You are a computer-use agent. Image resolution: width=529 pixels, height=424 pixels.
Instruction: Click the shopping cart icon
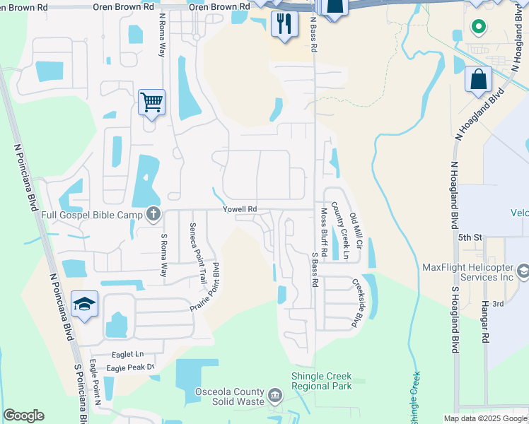pos(151,102)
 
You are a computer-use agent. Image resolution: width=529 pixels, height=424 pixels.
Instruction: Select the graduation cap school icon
pos(84,305)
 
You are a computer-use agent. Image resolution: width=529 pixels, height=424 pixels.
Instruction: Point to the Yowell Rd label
pos(240,209)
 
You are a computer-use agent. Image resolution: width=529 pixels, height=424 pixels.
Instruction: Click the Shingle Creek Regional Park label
pos(322,381)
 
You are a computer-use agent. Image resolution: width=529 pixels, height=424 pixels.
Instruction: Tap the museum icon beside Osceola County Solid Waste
pos(276,394)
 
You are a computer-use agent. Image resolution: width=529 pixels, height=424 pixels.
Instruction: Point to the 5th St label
pos(469,237)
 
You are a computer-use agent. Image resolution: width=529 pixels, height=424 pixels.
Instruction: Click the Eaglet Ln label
pos(127,353)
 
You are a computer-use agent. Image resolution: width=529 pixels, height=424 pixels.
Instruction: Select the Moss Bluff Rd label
pos(324,232)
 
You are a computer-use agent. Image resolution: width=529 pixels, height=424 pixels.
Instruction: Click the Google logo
pos(23,416)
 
